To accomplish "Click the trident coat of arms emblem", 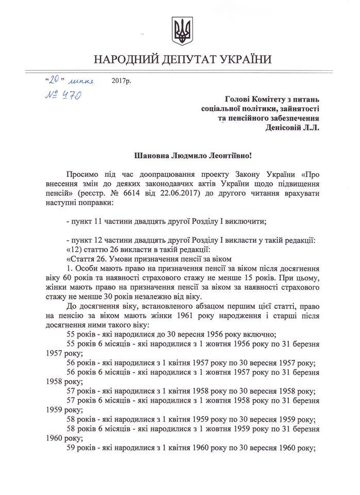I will click(x=181, y=32).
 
